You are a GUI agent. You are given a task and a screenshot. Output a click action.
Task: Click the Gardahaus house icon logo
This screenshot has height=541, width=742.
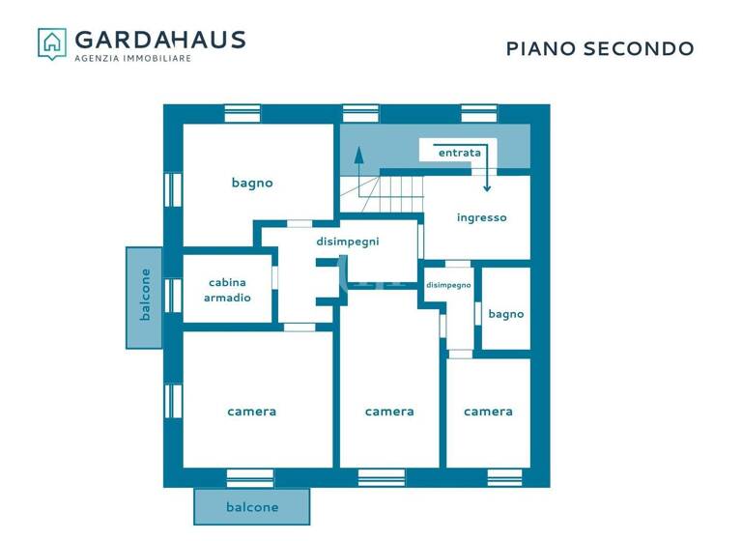[x=52, y=43]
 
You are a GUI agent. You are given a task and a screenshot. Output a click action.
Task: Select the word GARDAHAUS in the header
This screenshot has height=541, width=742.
[x=160, y=40]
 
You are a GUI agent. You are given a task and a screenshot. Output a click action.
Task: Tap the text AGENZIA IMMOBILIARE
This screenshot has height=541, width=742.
[x=133, y=59]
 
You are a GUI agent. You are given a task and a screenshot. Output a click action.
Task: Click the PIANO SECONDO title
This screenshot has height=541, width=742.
[x=600, y=48]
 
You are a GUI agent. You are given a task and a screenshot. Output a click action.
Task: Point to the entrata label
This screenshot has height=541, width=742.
[x=459, y=153]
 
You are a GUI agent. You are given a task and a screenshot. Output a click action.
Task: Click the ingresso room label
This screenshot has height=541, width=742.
[x=481, y=217]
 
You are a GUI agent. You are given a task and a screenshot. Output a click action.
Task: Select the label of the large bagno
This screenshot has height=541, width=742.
[x=252, y=183]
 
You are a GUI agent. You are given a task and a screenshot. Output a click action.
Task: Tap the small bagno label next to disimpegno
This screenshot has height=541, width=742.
[x=505, y=314]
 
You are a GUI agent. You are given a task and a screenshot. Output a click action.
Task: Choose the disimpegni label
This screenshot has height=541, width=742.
[x=348, y=242]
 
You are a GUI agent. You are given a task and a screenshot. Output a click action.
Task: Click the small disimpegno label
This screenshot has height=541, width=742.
[x=449, y=285]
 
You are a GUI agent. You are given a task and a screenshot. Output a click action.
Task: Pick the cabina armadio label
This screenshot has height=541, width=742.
[x=227, y=290]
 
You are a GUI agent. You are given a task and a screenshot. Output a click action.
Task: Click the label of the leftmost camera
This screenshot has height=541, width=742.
[x=251, y=412]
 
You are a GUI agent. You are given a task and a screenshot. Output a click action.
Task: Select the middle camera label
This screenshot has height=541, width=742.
[x=389, y=412]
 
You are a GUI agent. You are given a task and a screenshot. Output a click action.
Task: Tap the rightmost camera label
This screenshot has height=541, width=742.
[x=488, y=412]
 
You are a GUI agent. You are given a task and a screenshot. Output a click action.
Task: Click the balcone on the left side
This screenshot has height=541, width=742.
[x=145, y=296]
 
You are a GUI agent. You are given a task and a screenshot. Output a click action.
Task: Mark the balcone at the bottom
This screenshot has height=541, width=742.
[x=252, y=507]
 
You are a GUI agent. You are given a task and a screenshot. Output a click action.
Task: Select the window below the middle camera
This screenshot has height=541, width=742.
[x=382, y=477]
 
